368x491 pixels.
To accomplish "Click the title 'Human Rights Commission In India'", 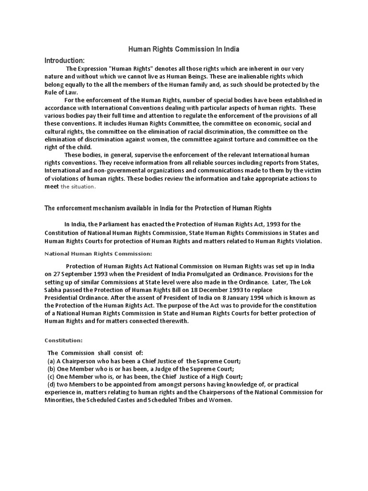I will point(184,49).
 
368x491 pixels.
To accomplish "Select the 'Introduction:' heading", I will point(64,60).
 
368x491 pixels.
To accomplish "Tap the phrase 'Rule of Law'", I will point(61,93).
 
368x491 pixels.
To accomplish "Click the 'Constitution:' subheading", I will point(64,340).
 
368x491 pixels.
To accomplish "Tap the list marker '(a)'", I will point(51,361).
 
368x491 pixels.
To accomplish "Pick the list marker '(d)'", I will point(51,385).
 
